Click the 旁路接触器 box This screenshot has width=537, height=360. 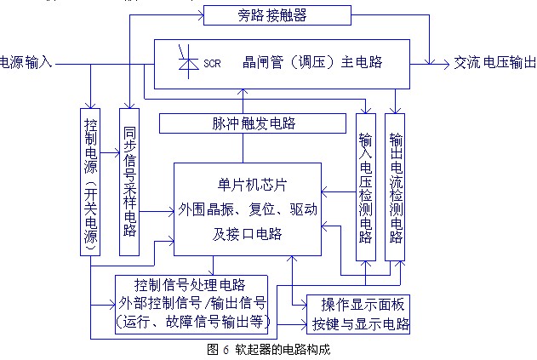271,14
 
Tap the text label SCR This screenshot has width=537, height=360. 212,64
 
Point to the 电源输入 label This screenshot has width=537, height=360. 26,62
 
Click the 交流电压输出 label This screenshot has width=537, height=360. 494,62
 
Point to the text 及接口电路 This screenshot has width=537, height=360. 248,233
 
